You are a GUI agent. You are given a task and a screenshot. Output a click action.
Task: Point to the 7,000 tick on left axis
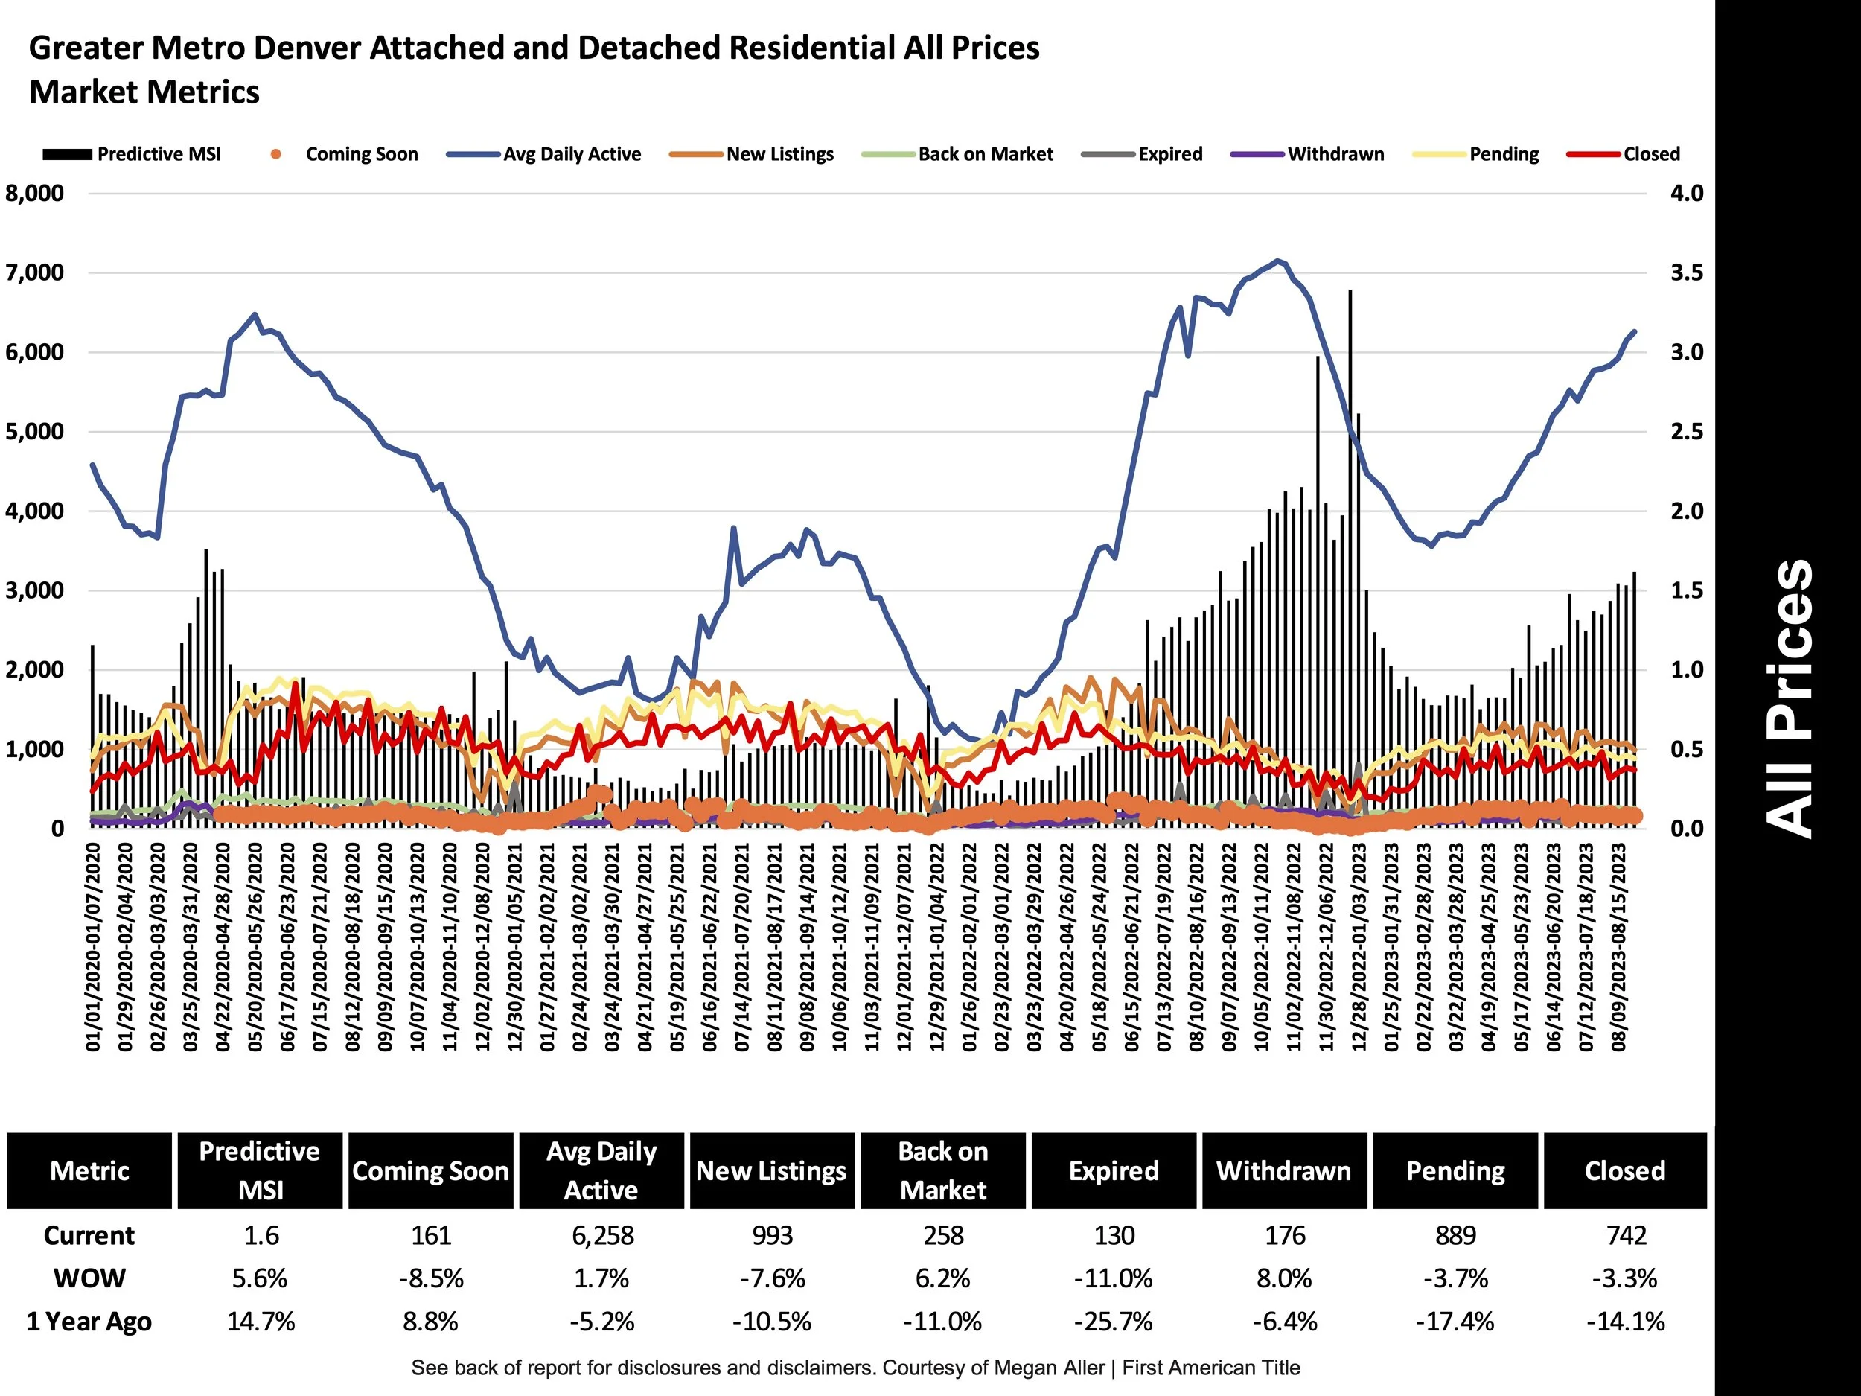click(x=34, y=272)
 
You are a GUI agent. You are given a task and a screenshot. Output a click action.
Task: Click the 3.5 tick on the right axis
click(x=1686, y=272)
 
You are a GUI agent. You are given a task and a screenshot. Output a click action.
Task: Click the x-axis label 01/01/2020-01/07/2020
click(x=93, y=946)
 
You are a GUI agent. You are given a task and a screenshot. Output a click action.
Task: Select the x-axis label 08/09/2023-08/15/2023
click(x=1619, y=946)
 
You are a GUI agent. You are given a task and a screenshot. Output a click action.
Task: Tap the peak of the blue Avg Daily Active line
click(x=1278, y=261)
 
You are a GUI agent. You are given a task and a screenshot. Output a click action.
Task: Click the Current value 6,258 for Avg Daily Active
click(x=602, y=1235)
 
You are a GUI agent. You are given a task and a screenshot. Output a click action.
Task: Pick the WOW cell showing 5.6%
click(x=260, y=1278)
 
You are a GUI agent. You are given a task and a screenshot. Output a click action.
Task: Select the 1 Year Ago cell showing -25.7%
click(x=1113, y=1321)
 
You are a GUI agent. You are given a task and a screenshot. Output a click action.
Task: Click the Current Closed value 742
click(x=1626, y=1235)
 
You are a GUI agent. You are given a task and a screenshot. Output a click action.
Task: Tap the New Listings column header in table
click(x=770, y=1170)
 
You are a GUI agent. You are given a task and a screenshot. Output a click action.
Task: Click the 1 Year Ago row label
click(x=89, y=1321)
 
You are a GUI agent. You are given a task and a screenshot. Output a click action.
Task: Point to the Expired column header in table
click(x=1113, y=1170)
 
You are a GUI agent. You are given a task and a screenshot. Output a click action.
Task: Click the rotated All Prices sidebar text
click(x=1789, y=698)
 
